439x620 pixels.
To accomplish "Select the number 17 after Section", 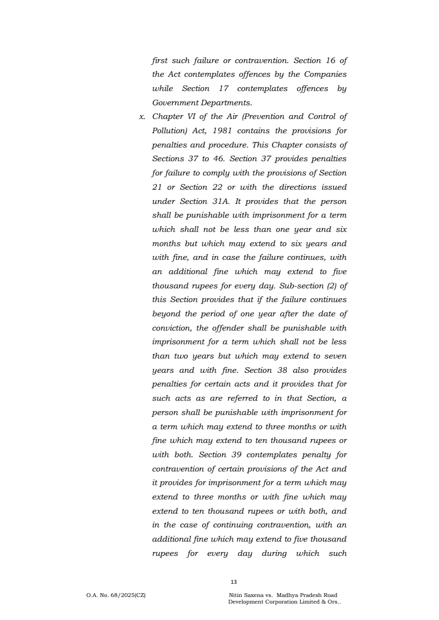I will (x=229, y=88).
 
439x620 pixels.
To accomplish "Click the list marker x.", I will (x=142, y=117).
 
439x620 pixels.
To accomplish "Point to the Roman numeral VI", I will (x=194, y=117).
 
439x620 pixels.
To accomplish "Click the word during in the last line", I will (x=272, y=554).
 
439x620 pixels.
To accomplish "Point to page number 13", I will (x=234, y=582).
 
